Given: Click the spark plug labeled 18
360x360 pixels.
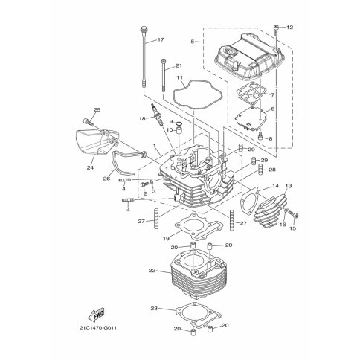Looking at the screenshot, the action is click(x=156, y=115).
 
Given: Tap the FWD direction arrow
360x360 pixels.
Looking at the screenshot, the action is click(x=96, y=314).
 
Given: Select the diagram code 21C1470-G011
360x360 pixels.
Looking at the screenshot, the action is click(x=98, y=328).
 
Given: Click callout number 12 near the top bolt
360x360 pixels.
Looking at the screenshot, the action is click(x=289, y=28).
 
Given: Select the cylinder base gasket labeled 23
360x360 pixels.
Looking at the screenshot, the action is click(x=199, y=315).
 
